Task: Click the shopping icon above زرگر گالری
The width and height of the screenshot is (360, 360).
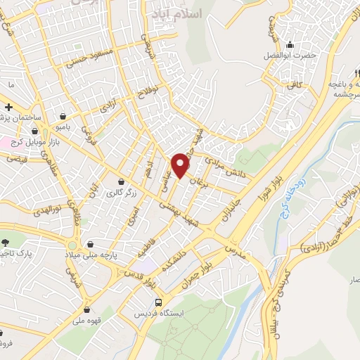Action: pos(122,181)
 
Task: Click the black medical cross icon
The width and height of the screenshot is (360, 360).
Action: pos(9,107)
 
